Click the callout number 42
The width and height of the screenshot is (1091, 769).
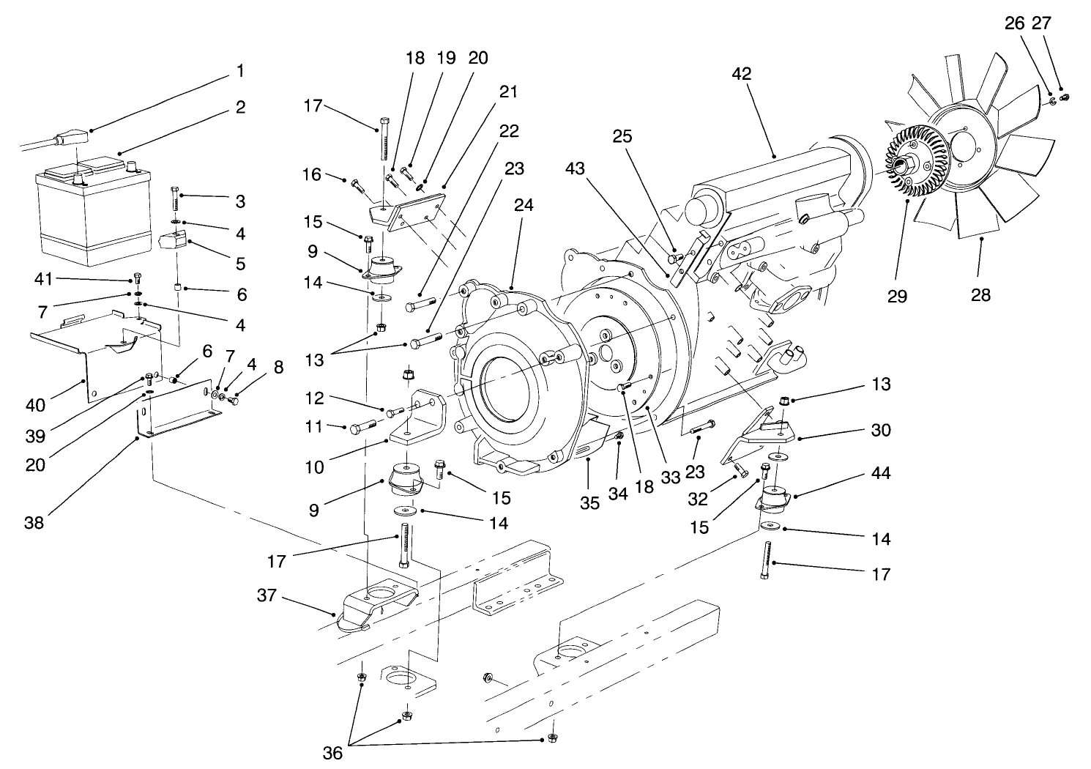coord(741,74)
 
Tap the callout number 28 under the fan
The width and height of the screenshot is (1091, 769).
coord(980,294)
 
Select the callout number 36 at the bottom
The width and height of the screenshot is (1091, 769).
coord(332,752)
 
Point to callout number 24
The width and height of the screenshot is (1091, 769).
coord(523,206)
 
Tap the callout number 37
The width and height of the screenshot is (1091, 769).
coord(267,595)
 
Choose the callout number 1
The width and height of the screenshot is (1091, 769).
coord(240,71)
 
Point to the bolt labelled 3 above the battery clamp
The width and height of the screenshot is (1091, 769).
coord(175,197)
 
